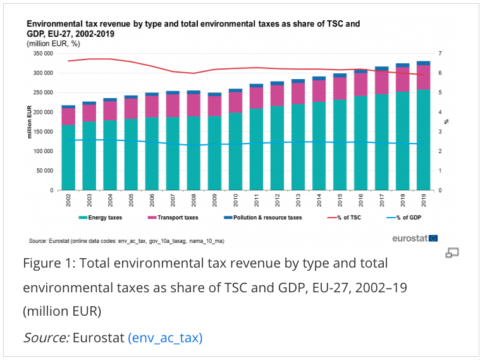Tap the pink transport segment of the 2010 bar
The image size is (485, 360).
(235, 102)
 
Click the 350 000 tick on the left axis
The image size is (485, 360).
(42, 54)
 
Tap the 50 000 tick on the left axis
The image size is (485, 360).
(44, 171)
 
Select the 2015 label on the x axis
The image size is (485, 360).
(340, 201)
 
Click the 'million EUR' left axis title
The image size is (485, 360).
(29, 122)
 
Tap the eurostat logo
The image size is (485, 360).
(415, 238)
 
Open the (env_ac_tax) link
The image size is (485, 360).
(165, 338)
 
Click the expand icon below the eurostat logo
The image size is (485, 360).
(451, 253)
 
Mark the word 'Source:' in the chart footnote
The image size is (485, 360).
(37, 241)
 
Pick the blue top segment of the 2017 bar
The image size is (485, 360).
(381, 68)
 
